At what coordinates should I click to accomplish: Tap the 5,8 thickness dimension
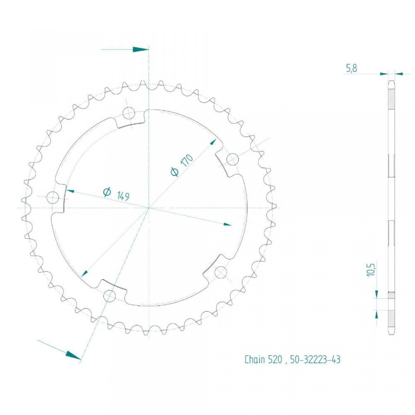[x=351, y=68]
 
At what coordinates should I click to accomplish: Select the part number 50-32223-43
[x=315, y=360]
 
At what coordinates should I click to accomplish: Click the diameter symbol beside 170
[x=175, y=172]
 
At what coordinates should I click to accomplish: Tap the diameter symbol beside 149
[x=107, y=192]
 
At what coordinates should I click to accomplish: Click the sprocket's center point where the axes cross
[x=149, y=207]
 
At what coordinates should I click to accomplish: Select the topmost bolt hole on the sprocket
[x=129, y=114]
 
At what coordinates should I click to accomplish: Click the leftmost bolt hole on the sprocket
[x=53, y=198]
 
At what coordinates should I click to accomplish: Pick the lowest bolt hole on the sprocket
[x=110, y=296]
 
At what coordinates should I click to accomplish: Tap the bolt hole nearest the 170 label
[x=232, y=160]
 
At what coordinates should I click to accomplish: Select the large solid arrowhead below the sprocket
[x=73, y=355]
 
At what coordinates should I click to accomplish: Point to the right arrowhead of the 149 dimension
[x=227, y=224]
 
